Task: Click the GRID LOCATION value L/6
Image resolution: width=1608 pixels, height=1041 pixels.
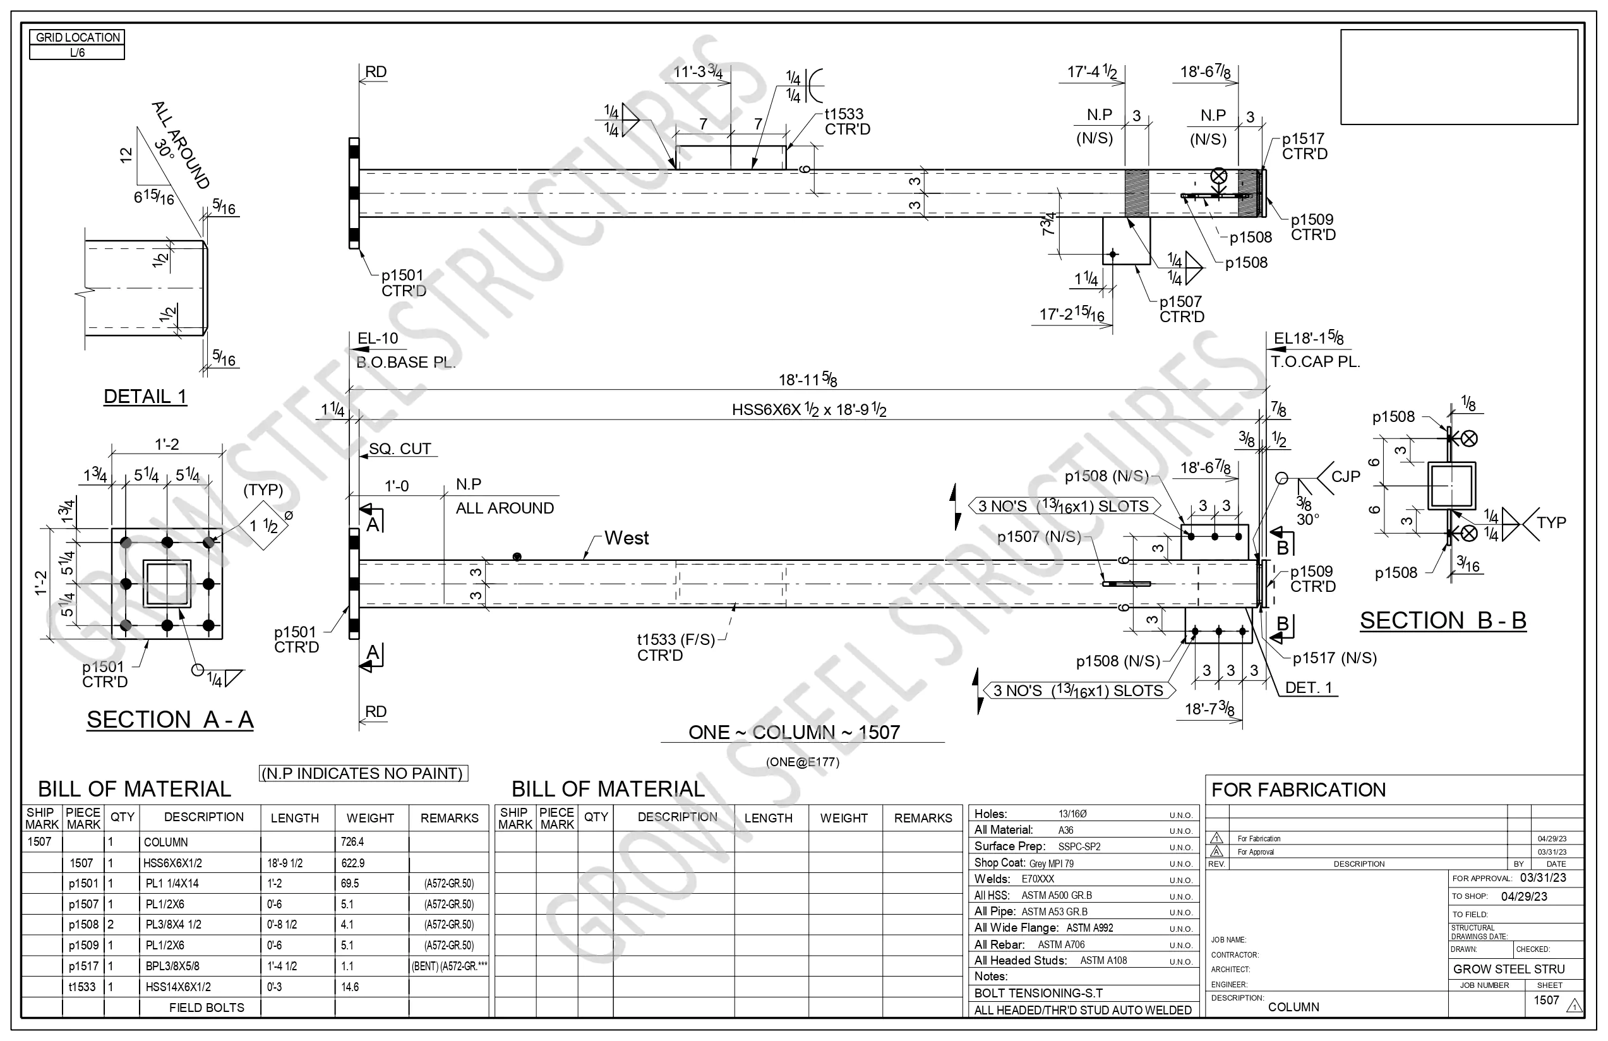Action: [77, 52]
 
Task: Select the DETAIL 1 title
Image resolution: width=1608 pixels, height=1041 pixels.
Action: [145, 397]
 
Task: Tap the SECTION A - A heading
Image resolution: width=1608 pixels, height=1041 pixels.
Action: [171, 719]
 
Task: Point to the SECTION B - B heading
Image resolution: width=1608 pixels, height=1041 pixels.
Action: [1443, 620]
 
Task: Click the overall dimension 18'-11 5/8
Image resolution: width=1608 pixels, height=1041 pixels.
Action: [808, 379]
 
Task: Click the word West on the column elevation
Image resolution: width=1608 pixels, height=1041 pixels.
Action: [627, 538]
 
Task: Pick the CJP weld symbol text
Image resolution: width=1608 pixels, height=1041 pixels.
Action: [1345, 476]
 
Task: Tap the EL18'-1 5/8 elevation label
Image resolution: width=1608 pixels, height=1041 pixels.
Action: [1309, 339]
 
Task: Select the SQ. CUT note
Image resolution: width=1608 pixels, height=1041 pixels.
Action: [399, 449]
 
